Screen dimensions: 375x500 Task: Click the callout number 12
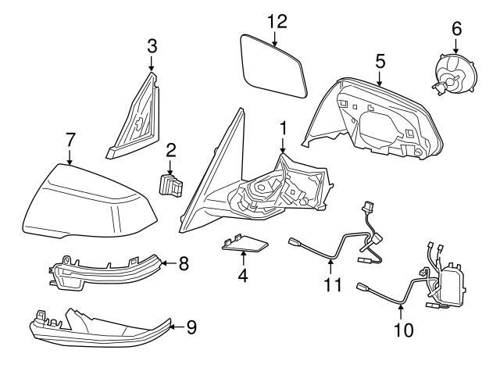[273, 21]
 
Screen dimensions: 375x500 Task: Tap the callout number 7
[70, 141]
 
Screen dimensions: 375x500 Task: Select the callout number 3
[152, 45]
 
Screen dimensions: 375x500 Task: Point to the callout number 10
[403, 330]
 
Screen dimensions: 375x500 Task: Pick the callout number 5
[380, 59]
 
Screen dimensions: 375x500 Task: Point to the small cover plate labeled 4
[243, 248]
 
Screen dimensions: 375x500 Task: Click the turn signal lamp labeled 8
[105, 273]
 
